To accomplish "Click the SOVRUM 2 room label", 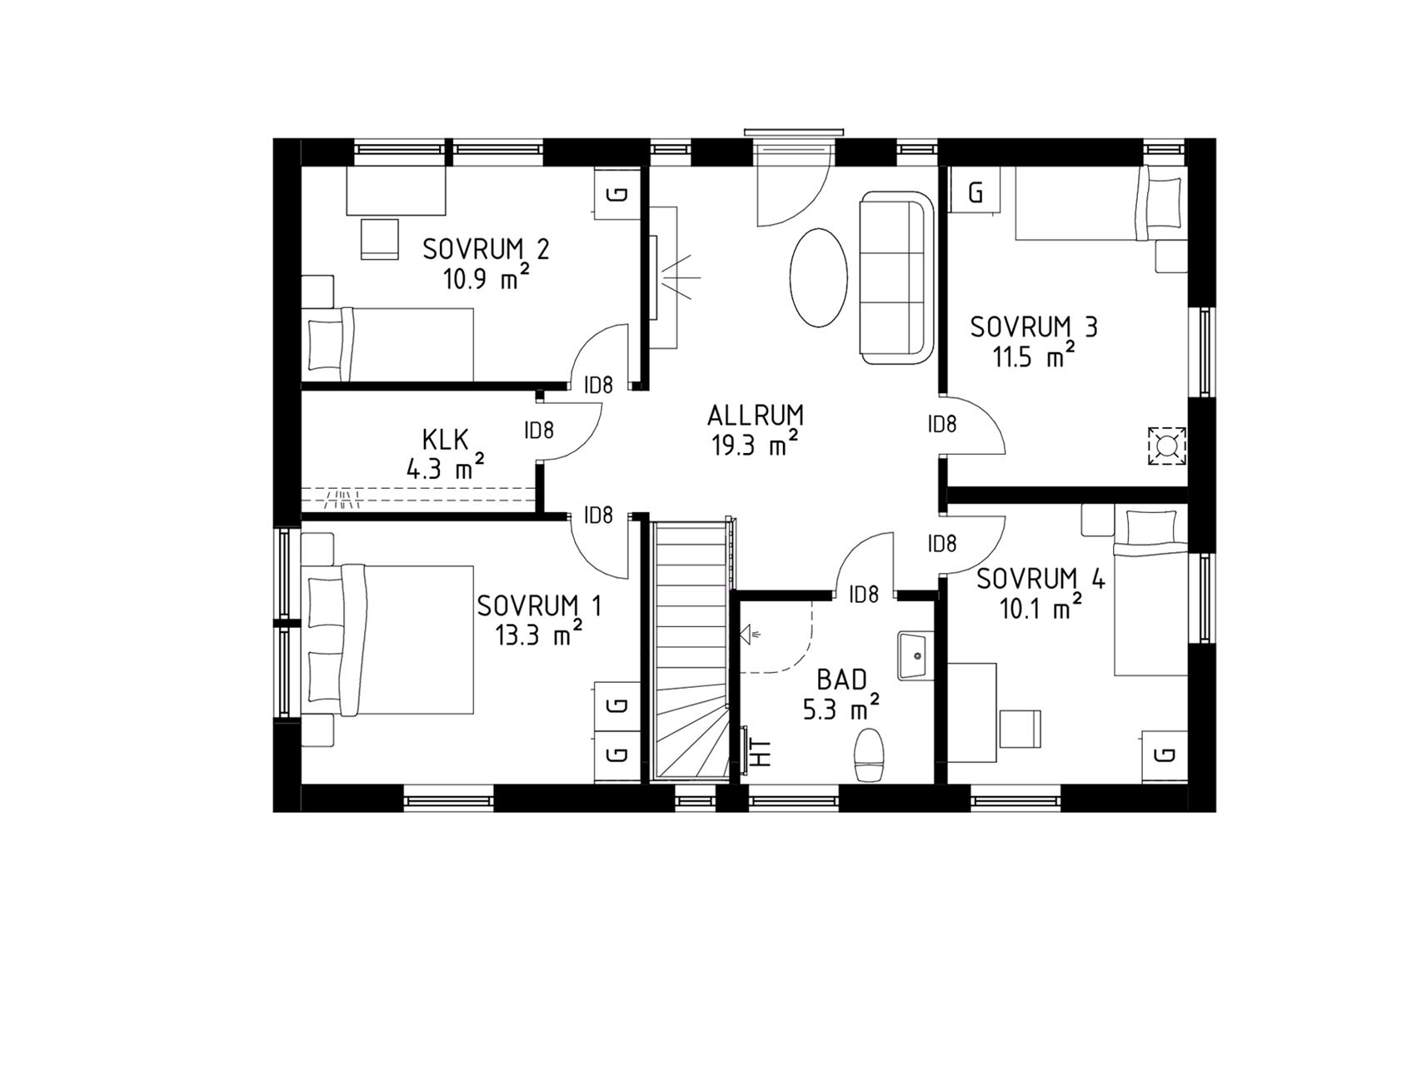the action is (x=486, y=249).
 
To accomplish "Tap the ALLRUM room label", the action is (x=756, y=415).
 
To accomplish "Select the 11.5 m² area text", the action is (x=1033, y=356).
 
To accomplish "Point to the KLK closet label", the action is (x=446, y=438).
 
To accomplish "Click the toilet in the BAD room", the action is (x=870, y=755).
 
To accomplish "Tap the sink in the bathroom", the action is (x=916, y=655).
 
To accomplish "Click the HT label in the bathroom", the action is (x=761, y=753).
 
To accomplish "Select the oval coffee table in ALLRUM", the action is (x=816, y=280).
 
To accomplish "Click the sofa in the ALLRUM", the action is (x=896, y=277).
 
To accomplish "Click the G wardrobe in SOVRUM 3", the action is (x=976, y=192).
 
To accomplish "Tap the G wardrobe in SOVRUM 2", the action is (x=617, y=194).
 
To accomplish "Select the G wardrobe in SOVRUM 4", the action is (x=1165, y=755).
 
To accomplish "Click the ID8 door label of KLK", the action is (x=539, y=431).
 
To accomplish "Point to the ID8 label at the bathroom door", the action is (x=863, y=595).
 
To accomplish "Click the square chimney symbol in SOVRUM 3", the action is (x=1166, y=446).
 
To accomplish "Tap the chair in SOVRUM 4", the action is (x=1020, y=728).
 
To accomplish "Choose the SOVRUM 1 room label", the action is (x=539, y=605).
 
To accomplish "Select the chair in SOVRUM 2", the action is (x=381, y=239).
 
